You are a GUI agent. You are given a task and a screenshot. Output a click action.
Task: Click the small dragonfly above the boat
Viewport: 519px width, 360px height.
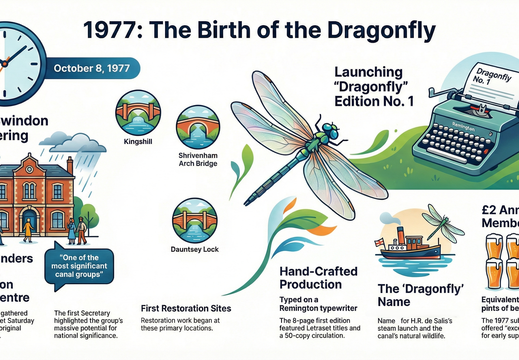[x=445, y=224]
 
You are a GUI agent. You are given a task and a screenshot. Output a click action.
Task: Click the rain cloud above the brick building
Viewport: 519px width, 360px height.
[x=84, y=139]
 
